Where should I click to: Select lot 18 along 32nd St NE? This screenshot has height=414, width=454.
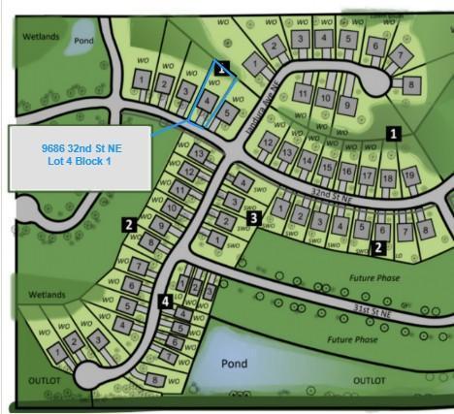click(387, 178)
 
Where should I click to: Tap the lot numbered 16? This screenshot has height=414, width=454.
click(346, 171)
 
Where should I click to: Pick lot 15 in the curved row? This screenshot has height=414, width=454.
click(326, 165)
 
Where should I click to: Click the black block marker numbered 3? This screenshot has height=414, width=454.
click(253, 219)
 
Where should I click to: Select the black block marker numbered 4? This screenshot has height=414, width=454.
click(166, 302)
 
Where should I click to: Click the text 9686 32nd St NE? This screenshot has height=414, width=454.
click(81, 146)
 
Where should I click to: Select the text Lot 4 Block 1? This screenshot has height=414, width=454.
click(81, 161)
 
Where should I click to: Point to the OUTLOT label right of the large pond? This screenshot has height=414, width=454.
click(369, 381)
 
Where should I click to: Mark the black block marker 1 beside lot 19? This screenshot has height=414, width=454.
click(393, 135)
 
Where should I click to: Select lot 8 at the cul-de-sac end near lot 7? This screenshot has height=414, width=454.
click(411, 84)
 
